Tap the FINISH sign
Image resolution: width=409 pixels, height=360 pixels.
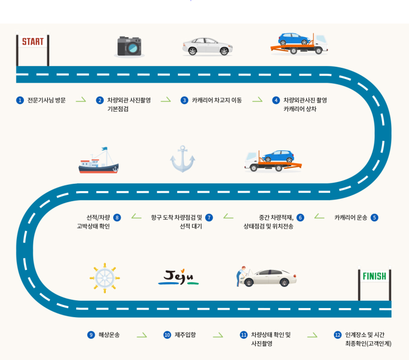click(374, 276)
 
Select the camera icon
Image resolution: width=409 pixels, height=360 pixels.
click(129, 47)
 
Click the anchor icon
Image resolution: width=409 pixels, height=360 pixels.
click(183, 159)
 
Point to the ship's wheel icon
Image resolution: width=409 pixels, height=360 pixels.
click(105, 277)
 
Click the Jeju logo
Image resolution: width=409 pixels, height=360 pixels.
click(178, 277)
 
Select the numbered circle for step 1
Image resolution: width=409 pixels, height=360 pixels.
click(20, 100)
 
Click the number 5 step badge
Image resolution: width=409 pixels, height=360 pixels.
click(375, 217)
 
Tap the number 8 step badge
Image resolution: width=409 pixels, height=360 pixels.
click(117, 217)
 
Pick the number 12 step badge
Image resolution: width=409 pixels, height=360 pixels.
click(338, 335)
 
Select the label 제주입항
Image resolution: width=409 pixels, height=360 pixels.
click(185, 335)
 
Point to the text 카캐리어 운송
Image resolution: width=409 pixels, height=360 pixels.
click(351, 217)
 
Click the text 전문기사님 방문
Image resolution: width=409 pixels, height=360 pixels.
click(47, 100)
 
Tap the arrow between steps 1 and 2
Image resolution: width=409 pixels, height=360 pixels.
click(80, 100)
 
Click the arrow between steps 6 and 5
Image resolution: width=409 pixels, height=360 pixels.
click(319, 217)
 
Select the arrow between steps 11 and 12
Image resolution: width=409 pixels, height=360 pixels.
click(312, 335)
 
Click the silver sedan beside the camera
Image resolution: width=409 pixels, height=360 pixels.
click(207, 46)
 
